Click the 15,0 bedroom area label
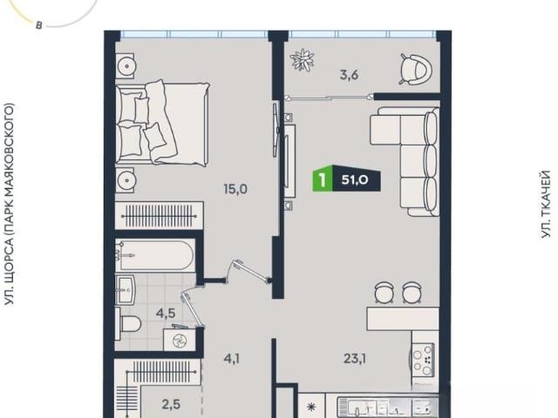point(235,189)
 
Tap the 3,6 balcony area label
point(349,76)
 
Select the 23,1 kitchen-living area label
point(355,359)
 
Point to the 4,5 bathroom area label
point(166,313)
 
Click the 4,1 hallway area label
point(231,359)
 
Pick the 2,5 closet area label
point(171,404)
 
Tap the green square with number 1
point(323,180)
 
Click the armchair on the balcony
point(416,69)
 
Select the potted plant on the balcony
point(302,60)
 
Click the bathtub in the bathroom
point(155,255)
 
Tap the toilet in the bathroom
point(128,324)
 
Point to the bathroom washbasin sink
point(126,289)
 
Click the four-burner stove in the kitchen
point(424,360)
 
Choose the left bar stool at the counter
point(384,293)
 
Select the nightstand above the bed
point(125,66)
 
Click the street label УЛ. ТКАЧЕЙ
point(546,205)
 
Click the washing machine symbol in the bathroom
point(180,340)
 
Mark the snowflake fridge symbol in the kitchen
point(311,407)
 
